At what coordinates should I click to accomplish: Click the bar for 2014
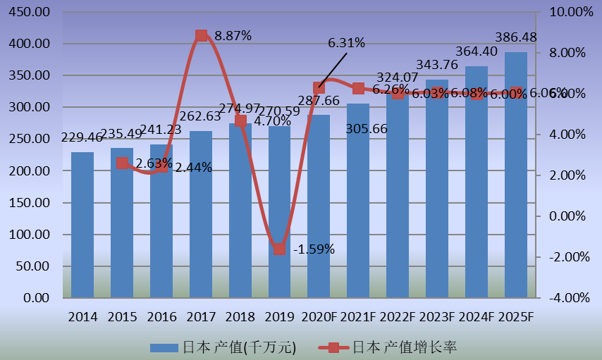82,225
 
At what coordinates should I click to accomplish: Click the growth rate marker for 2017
201,35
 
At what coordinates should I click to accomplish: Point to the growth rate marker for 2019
280,249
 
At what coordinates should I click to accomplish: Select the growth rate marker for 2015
122,163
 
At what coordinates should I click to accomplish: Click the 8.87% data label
233,36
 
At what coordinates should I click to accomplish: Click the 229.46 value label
82,138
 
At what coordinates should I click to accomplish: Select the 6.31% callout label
346,43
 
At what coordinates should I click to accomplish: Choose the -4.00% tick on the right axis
565,298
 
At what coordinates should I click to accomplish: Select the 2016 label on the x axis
161,317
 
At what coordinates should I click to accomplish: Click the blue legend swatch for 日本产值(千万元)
165,347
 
